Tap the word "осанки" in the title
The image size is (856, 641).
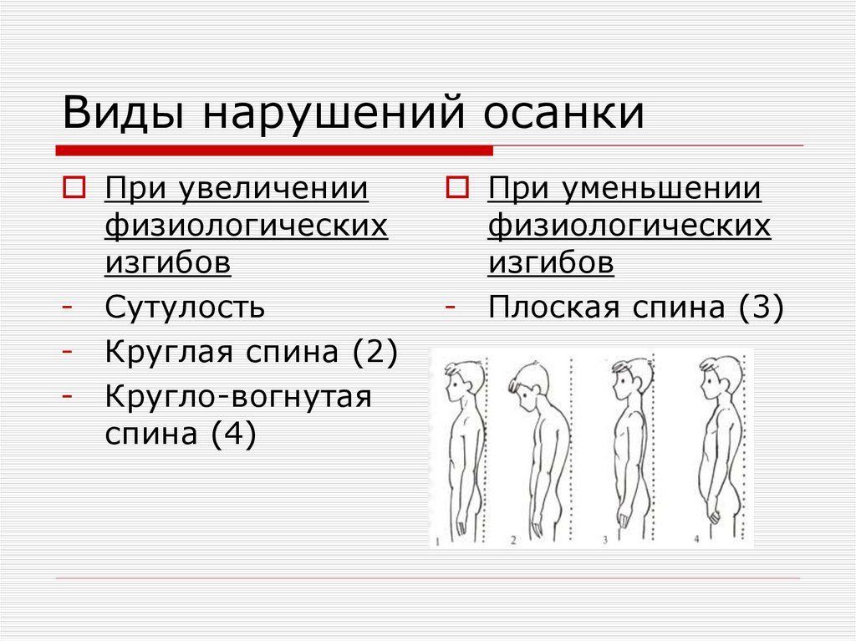click(565, 113)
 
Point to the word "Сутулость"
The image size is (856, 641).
click(185, 308)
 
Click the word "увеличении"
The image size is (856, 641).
click(272, 189)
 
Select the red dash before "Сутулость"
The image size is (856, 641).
click(66, 307)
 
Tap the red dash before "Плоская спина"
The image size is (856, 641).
click(450, 307)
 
